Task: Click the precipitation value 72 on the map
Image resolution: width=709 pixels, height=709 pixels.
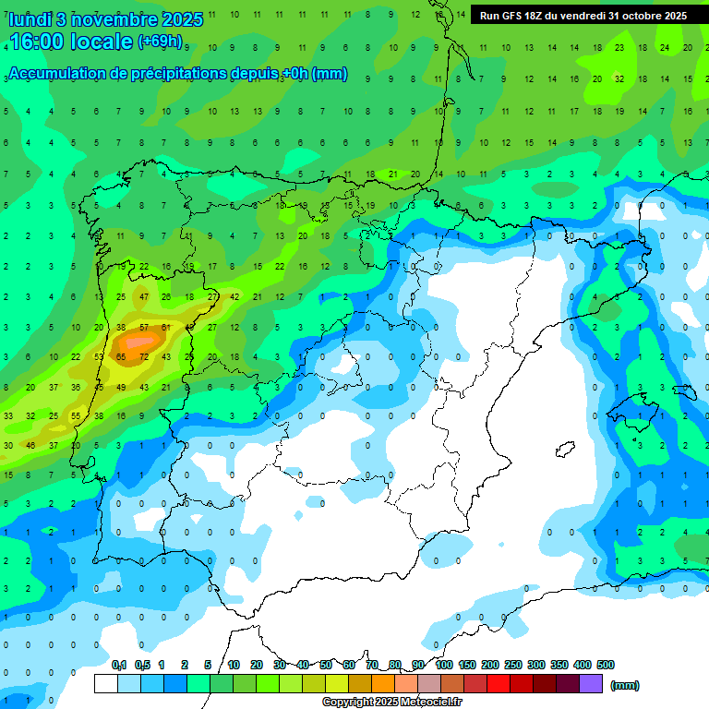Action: [x=143, y=356]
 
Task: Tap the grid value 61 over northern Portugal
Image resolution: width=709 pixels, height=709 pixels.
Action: [x=166, y=327]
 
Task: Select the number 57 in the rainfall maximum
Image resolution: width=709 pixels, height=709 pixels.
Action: [x=144, y=327]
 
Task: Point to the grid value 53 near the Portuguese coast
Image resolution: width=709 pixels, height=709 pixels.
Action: [x=99, y=356]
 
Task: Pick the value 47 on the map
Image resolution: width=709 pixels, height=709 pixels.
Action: [x=144, y=296]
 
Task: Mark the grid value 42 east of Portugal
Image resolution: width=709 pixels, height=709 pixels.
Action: [x=234, y=296]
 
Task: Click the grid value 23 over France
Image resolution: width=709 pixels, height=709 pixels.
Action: [x=619, y=46]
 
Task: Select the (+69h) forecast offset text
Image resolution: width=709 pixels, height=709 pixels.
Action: [x=160, y=42]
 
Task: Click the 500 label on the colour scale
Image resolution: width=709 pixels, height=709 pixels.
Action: [x=606, y=665]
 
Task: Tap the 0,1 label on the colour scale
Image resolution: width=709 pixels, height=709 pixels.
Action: [x=119, y=665]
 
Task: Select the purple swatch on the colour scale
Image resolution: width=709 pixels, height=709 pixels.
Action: [x=591, y=683]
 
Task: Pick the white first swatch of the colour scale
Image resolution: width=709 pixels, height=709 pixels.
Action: [x=106, y=683]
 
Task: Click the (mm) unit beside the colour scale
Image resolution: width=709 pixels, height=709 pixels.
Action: [x=625, y=685]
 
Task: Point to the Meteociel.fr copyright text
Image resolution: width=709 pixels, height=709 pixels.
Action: [x=391, y=703]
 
